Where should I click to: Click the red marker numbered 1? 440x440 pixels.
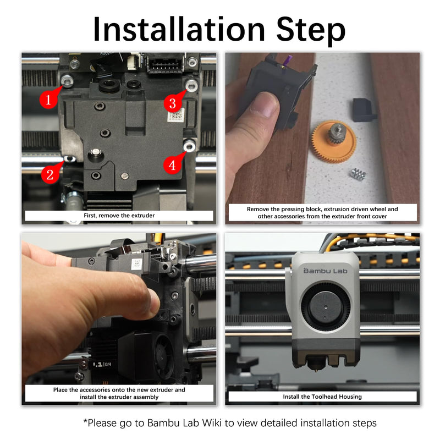coord(48,100)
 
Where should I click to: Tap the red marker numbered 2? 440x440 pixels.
coord(50,175)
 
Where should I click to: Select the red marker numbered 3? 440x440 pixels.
coord(172,103)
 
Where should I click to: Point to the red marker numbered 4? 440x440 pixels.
coord(172,165)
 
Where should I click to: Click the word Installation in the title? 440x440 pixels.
coord(179,29)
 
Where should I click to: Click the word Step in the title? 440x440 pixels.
coord(311,31)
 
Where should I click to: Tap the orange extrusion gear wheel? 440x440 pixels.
coord(333,142)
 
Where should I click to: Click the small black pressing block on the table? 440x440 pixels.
coord(364,109)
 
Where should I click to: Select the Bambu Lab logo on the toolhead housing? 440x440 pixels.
coord(326,271)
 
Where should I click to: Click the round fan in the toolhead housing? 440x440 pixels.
coord(326,308)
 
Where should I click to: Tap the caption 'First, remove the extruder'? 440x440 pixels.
coord(119,216)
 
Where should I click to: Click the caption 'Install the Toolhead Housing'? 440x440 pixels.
coord(322,397)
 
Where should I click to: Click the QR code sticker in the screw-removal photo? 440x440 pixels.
coord(175,114)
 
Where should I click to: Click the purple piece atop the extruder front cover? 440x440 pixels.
coord(288,61)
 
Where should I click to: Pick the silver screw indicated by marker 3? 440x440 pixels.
coord(191,85)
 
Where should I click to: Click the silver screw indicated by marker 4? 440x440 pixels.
coord(189,146)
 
